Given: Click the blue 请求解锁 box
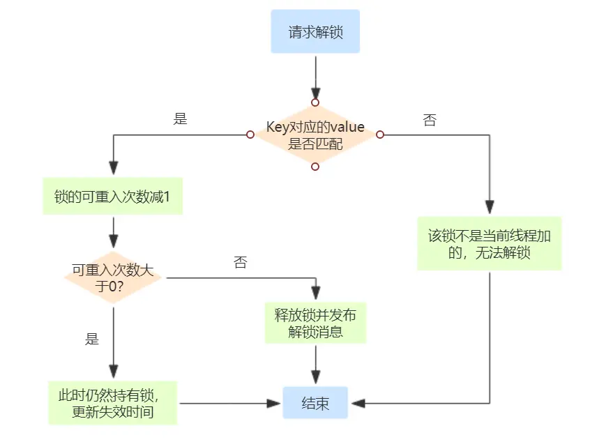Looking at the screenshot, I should [315, 31].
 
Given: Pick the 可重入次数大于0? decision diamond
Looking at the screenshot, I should [113, 277].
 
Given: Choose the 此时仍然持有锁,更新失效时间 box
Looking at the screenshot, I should [112, 403].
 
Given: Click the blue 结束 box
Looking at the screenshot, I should [315, 403].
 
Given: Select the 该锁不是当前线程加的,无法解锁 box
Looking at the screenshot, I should [489, 243].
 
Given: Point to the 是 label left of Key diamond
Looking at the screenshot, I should [180, 119].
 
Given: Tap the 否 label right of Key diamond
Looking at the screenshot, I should [430, 120].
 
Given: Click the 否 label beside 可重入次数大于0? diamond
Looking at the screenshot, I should [240, 263].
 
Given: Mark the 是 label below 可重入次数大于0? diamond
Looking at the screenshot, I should [92, 340].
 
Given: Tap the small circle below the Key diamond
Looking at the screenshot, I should [315, 167].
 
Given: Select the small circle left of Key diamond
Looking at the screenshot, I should [250, 135].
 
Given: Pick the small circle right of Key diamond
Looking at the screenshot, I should [380, 135].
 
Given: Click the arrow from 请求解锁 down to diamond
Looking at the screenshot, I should [315, 77].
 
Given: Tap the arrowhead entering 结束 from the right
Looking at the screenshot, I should [357, 403].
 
